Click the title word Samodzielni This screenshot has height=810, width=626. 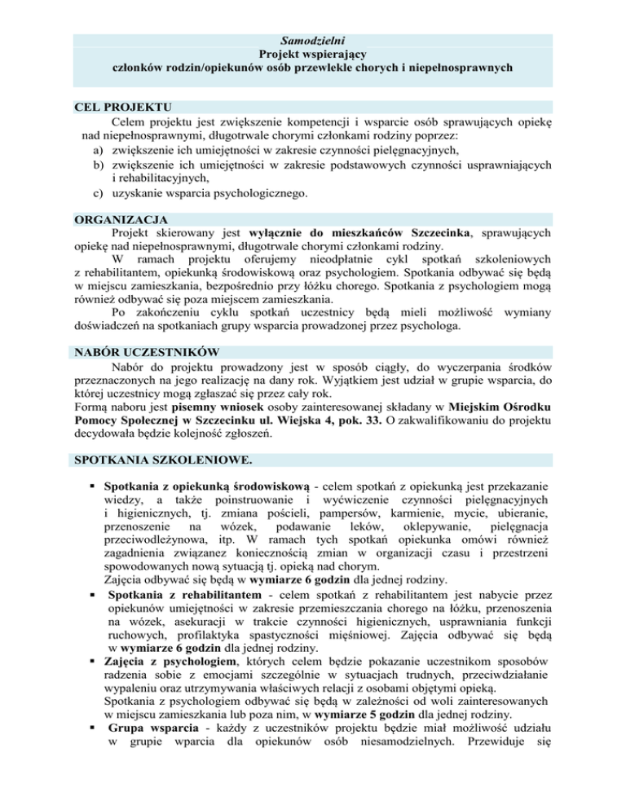(312, 39)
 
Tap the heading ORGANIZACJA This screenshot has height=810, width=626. (121, 220)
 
